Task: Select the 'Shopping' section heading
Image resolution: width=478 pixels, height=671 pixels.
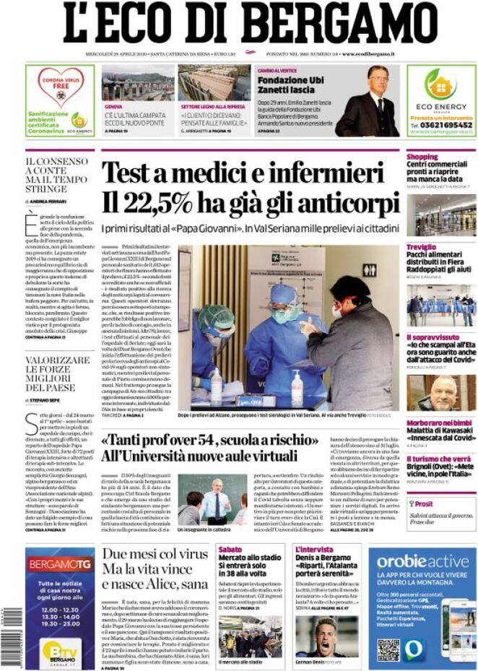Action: point(422,156)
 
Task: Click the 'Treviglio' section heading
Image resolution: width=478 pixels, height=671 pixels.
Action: point(422,247)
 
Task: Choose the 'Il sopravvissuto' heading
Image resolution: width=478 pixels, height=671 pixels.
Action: point(431,337)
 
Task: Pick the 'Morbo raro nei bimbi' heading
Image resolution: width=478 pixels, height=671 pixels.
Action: point(438,422)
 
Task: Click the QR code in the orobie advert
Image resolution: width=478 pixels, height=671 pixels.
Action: point(388,649)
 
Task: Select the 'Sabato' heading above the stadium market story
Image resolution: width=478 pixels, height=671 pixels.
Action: point(230,550)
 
